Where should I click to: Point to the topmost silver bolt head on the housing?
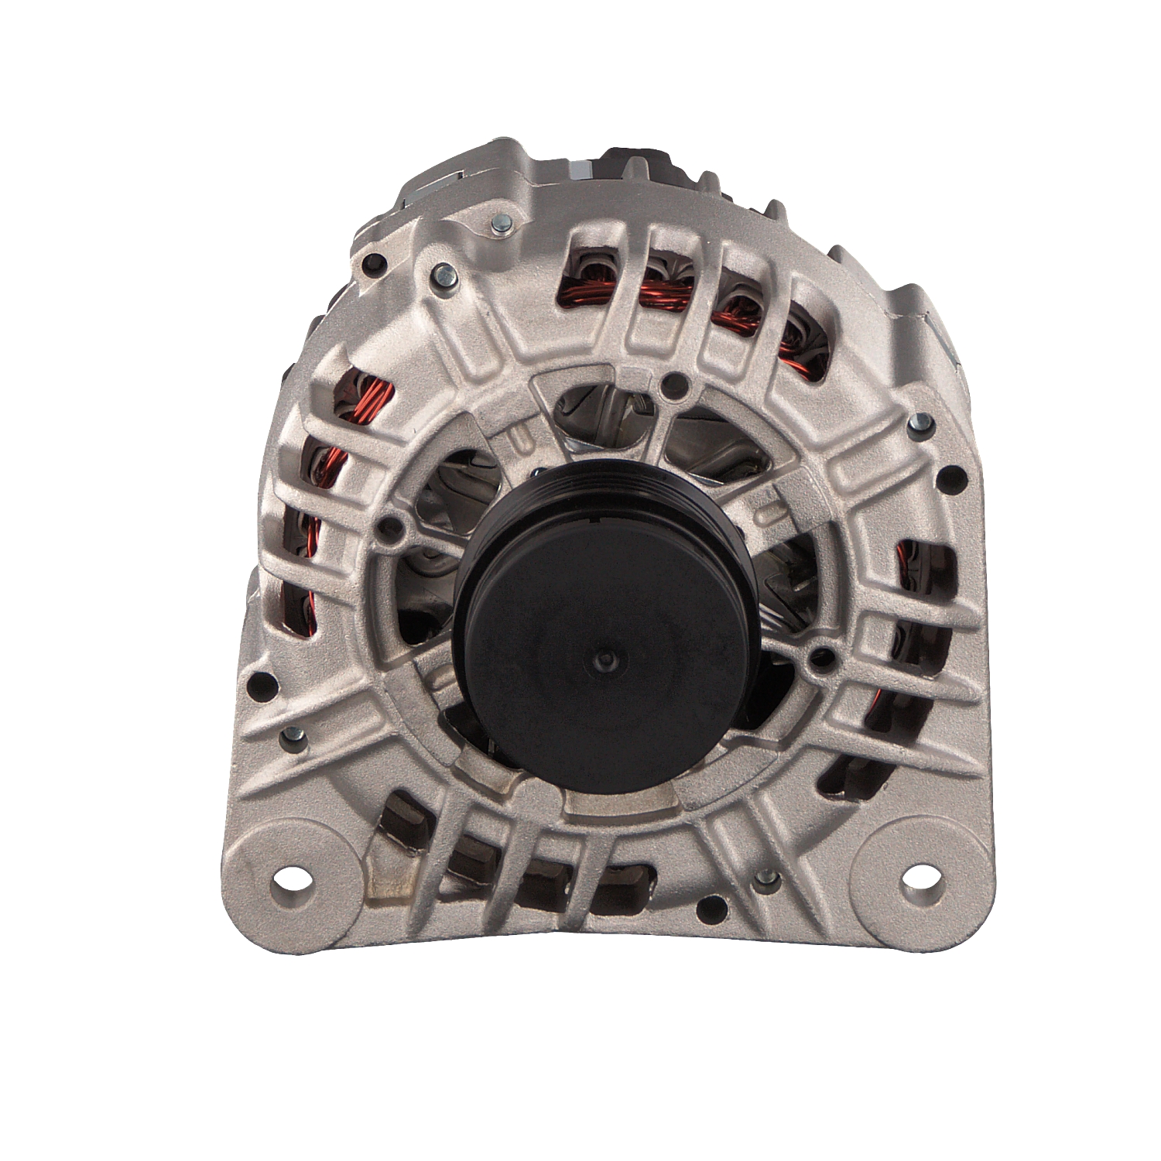pyautogui.click(x=500, y=225)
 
